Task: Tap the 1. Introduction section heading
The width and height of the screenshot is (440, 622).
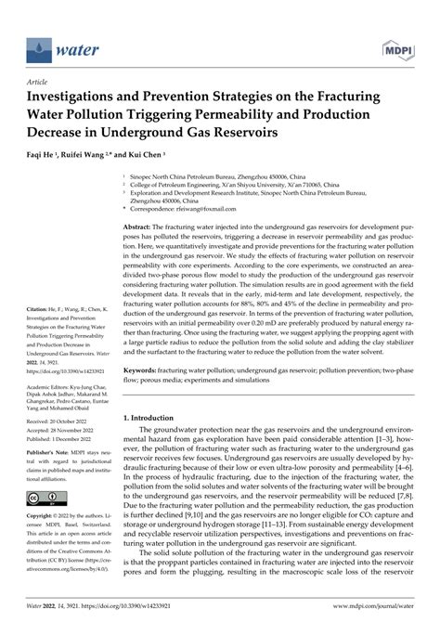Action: (x=152, y=419)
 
